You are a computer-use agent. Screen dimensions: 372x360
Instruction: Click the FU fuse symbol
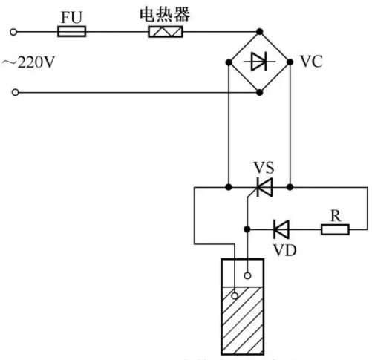point(72,31)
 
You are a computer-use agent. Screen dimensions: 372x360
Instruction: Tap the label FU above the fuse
point(71,17)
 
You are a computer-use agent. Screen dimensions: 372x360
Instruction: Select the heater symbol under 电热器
point(166,32)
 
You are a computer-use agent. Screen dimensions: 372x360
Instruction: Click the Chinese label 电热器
point(165,14)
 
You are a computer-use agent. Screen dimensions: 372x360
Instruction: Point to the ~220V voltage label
point(28,62)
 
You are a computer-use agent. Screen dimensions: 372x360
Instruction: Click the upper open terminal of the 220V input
point(13,32)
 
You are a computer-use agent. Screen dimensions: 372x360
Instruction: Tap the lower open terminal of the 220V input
point(16,92)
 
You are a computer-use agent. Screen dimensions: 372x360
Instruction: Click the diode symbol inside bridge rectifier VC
point(259,62)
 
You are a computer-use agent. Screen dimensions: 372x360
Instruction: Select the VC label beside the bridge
point(311,62)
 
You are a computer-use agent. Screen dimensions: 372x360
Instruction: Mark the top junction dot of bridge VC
point(259,31)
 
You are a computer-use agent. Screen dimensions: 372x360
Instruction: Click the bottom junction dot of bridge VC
point(259,92)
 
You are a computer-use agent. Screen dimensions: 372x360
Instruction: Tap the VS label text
point(264,168)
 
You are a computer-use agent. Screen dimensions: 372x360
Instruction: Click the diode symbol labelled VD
point(281,229)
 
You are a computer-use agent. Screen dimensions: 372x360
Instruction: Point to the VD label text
point(284,250)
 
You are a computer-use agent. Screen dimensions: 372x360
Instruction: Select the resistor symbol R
point(335,229)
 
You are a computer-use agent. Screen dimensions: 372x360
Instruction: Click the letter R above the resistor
point(336,216)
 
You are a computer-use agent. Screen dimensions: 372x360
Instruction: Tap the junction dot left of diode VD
point(247,229)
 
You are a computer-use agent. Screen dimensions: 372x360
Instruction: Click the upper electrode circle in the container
point(247,275)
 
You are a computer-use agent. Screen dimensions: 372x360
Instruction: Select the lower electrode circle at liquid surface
point(235,295)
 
